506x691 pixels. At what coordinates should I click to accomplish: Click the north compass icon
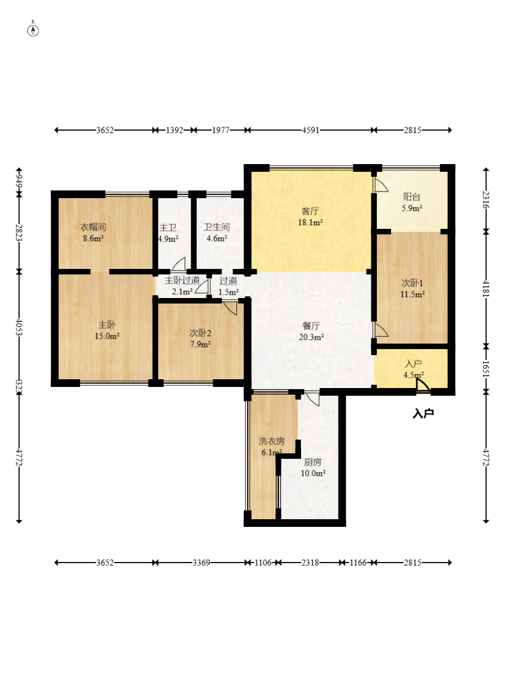coord(33,31)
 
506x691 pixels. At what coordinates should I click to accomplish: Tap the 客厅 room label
coord(310,211)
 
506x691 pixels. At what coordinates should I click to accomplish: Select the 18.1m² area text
coord(310,222)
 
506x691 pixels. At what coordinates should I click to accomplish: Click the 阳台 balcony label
coord(412,196)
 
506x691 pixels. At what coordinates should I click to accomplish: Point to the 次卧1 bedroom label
coord(412,283)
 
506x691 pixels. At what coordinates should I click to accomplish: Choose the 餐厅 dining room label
coord(311,326)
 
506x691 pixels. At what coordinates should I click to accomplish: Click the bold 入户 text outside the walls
coord(423,413)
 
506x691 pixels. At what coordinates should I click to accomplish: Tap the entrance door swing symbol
coord(422,386)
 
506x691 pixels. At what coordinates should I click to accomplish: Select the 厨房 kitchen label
coord(313,462)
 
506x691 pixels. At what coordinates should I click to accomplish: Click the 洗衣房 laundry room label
coord(271,441)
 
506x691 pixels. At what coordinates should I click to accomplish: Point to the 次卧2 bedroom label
coord(200,333)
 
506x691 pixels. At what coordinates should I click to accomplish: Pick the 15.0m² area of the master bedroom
coord(107,336)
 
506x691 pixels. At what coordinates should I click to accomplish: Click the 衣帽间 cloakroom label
coord(93,227)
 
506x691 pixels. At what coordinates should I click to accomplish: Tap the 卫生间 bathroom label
coord(216,227)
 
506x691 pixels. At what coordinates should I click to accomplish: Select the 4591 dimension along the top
coord(310,130)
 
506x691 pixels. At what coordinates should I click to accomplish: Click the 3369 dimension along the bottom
coord(201,563)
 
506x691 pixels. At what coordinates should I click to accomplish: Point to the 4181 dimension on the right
coord(486,289)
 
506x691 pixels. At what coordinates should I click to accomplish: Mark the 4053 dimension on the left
coord(19,327)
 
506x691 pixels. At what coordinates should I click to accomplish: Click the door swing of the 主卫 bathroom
coord(179,264)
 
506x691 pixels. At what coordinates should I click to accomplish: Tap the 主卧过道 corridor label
coord(182,280)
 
